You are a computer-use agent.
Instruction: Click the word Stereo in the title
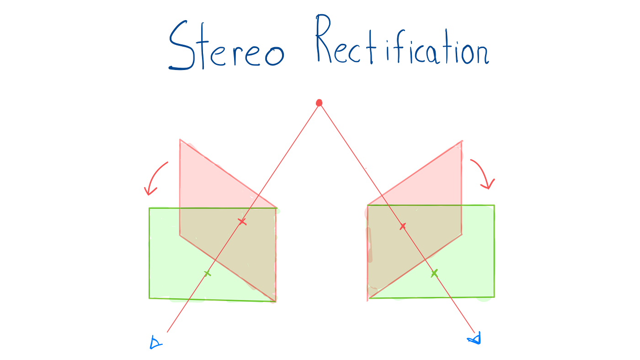(x=227, y=45)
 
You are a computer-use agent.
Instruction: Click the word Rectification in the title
(x=403, y=39)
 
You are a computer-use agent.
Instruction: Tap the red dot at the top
(x=319, y=103)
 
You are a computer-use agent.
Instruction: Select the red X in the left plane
(x=242, y=221)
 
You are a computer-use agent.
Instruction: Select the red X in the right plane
(x=403, y=226)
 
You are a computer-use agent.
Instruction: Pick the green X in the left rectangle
(x=208, y=274)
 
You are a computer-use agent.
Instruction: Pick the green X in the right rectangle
(x=434, y=274)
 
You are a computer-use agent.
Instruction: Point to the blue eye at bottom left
(x=155, y=343)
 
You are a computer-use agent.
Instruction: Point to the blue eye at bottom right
(x=475, y=339)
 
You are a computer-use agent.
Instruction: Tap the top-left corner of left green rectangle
(x=149, y=208)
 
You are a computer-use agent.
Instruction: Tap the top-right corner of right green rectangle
(x=494, y=205)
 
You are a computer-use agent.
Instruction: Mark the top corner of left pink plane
(x=180, y=140)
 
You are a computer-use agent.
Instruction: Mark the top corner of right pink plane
(x=462, y=141)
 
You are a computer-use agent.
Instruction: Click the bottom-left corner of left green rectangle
(x=149, y=298)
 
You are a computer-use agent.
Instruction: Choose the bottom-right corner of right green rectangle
(x=494, y=297)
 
